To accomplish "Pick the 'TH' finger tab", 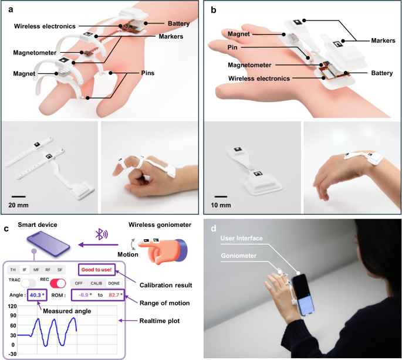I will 13,270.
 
